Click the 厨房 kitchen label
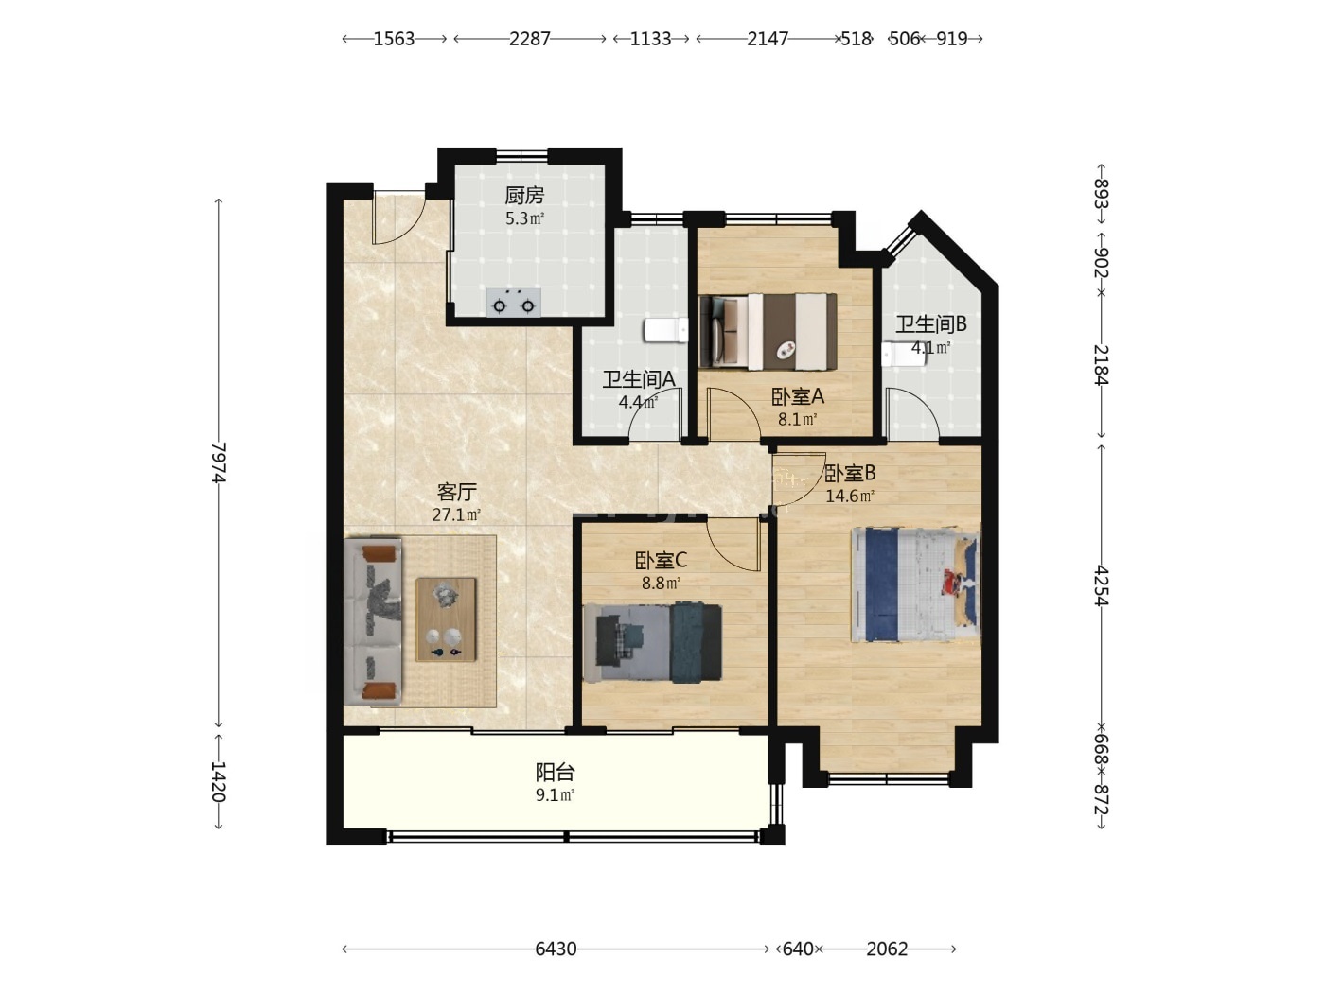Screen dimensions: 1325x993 pos(524,195)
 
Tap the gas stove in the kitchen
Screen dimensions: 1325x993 pos(513,303)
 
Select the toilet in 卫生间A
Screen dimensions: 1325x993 pos(666,330)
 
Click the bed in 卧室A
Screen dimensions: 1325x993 pos(768,332)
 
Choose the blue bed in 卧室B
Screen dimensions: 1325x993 pos(915,584)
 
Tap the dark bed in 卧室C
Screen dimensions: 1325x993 pos(652,643)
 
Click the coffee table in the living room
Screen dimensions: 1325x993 pos(446,619)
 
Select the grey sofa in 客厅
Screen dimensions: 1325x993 pos(373,621)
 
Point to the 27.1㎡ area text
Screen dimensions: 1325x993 pos(456,514)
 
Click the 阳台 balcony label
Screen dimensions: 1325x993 pos(555,772)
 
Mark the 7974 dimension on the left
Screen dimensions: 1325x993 pos(219,462)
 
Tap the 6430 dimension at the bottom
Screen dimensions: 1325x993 pos(556,949)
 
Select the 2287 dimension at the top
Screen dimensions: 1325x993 pos(529,39)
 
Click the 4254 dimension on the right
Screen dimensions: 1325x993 pos(1102,584)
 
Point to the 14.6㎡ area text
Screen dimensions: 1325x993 pos(850,496)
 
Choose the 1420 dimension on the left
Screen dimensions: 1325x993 pos(219,781)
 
